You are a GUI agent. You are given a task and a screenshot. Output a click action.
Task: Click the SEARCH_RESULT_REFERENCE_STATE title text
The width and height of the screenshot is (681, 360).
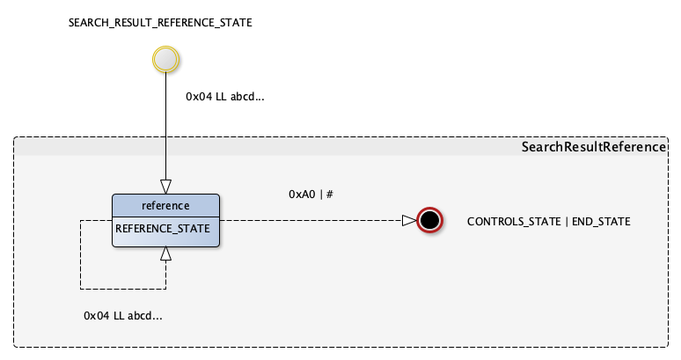(x=160, y=23)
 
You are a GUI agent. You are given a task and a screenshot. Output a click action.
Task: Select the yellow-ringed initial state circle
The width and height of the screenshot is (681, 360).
(x=165, y=60)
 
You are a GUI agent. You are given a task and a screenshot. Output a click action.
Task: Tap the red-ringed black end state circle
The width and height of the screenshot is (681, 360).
(x=429, y=220)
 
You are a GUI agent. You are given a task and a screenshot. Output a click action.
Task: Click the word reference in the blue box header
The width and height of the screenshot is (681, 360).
(x=165, y=206)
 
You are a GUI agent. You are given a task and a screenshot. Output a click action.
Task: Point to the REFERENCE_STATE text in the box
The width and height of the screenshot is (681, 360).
(x=163, y=228)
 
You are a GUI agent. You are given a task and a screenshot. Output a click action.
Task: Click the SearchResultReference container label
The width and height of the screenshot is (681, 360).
(x=594, y=147)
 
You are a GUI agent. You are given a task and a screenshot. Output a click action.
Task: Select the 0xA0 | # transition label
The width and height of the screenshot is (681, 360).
(x=311, y=194)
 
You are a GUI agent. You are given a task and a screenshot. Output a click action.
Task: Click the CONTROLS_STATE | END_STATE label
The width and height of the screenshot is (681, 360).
(x=548, y=222)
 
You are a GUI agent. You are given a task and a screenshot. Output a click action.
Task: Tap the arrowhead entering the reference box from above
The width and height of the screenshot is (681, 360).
(x=165, y=186)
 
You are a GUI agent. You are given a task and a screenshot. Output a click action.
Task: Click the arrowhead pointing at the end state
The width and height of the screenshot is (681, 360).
(x=409, y=220)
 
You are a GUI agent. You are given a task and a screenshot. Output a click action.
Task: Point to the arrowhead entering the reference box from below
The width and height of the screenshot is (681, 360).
(x=165, y=254)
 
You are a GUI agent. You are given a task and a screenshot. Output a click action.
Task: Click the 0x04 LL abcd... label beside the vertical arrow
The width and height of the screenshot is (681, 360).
(x=225, y=97)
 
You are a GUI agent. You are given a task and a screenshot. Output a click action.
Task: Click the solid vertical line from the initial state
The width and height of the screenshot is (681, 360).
(x=165, y=123)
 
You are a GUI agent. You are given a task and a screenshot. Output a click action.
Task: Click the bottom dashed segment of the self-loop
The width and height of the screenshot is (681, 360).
(x=123, y=288)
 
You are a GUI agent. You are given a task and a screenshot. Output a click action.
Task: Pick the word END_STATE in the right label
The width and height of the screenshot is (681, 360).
(x=601, y=222)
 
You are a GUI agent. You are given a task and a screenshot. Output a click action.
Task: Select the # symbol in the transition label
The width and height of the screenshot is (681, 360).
(x=329, y=194)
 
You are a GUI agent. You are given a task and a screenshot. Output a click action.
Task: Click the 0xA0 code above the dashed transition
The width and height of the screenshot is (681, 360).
(x=302, y=194)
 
